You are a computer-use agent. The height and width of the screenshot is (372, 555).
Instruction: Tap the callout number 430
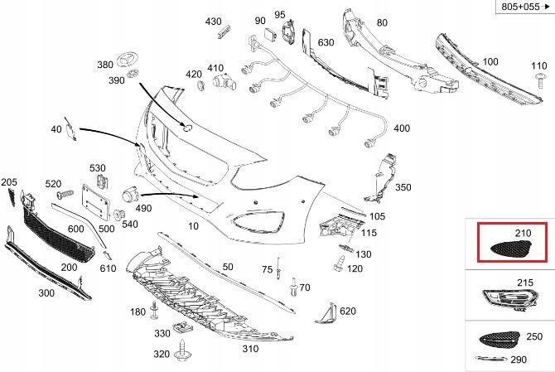click(x=214, y=21)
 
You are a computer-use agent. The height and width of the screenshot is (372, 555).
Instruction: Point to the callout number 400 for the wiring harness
click(x=402, y=128)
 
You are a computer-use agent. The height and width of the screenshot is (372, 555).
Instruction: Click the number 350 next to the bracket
click(x=403, y=187)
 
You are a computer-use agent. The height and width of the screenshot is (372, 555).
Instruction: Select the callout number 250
click(x=533, y=337)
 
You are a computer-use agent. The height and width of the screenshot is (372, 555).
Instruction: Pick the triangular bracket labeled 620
click(x=326, y=313)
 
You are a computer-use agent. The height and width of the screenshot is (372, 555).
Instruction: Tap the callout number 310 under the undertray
click(x=250, y=349)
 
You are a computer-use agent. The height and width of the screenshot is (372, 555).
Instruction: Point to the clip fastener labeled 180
click(x=155, y=311)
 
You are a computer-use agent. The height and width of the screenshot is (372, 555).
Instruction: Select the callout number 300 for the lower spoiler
click(x=46, y=293)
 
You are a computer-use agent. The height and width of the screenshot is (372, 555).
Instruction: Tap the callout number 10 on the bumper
click(x=193, y=225)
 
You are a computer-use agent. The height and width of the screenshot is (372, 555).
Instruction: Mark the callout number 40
click(x=56, y=129)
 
